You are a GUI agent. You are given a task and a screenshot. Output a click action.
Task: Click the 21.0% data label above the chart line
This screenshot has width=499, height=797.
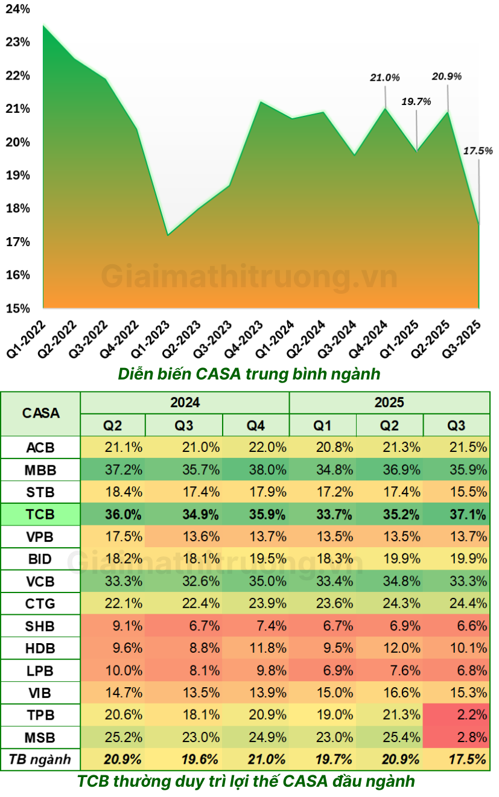(385, 78)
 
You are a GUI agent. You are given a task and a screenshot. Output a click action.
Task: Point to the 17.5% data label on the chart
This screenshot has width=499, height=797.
(478, 151)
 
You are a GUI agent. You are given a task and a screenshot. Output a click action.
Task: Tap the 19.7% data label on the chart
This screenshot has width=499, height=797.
(416, 101)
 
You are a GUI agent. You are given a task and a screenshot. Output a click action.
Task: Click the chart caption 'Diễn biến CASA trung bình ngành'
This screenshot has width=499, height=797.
(249, 374)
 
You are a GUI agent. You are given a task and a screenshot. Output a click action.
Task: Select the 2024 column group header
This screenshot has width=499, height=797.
(185, 402)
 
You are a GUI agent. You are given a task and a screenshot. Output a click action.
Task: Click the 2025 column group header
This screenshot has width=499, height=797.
(389, 402)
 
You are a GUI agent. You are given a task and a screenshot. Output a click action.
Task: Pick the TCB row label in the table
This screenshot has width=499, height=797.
(40, 515)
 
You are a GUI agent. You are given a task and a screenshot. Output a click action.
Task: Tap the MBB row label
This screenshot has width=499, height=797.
(40, 470)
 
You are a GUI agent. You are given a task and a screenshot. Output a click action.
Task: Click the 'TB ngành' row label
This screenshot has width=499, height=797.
(40, 759)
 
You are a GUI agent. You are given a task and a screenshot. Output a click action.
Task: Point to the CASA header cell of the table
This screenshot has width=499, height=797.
(40, 413)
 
